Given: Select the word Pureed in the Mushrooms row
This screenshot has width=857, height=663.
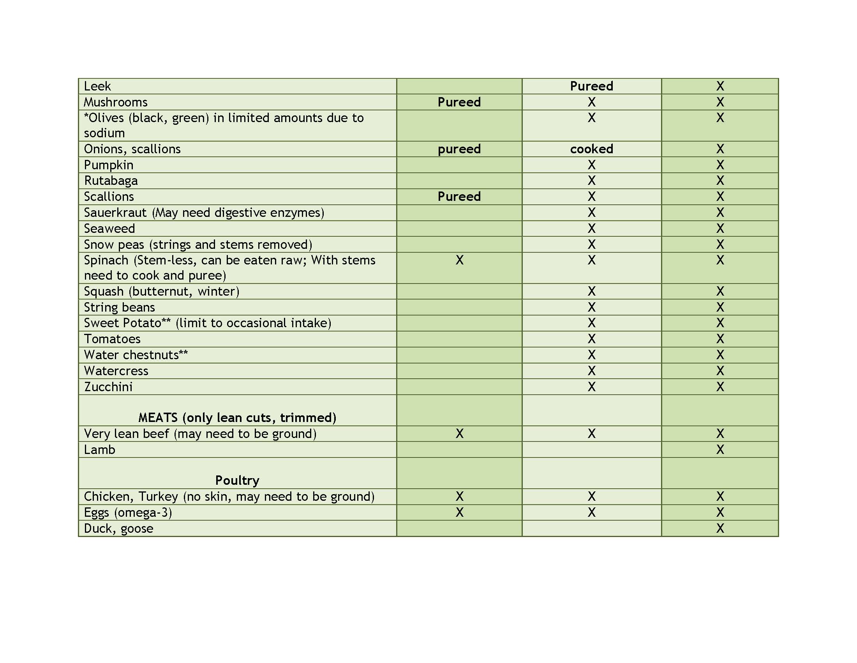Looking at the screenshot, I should tap(459, 102).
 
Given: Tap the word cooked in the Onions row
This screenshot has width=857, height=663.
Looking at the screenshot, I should tap(591, 149).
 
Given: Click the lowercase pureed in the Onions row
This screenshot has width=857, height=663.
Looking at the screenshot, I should tap(459, 149).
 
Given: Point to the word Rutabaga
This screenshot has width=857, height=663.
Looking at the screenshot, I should tap(111, 181).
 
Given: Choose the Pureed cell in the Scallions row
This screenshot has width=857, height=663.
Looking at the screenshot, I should tap(459, 197).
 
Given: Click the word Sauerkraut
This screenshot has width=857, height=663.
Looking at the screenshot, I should tap(115, 213).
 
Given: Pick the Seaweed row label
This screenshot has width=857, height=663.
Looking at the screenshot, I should tap(109, 229).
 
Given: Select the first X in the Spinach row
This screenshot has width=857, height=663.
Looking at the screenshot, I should tap(460, 260).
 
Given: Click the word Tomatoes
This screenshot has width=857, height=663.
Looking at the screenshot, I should tap(112, 339).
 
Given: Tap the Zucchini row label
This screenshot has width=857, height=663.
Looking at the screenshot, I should tap(108, 387).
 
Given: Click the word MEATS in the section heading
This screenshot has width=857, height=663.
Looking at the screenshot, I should tap(158, 418).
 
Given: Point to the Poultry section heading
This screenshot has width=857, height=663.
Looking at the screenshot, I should tap(237, 480).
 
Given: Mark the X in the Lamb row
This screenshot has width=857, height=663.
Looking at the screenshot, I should tap(720, 450).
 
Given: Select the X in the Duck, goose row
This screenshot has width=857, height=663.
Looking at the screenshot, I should tap(720, 529).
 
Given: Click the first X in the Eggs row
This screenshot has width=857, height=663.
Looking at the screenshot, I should tap(460, 512).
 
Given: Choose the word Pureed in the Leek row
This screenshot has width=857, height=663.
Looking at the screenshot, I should tap(591, 86).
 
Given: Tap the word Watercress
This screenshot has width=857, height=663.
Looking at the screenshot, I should tap(116, 371).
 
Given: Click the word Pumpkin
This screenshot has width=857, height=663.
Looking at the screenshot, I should tap(109, 165).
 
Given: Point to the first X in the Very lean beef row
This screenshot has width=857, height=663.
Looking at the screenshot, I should tap(460, 434).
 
